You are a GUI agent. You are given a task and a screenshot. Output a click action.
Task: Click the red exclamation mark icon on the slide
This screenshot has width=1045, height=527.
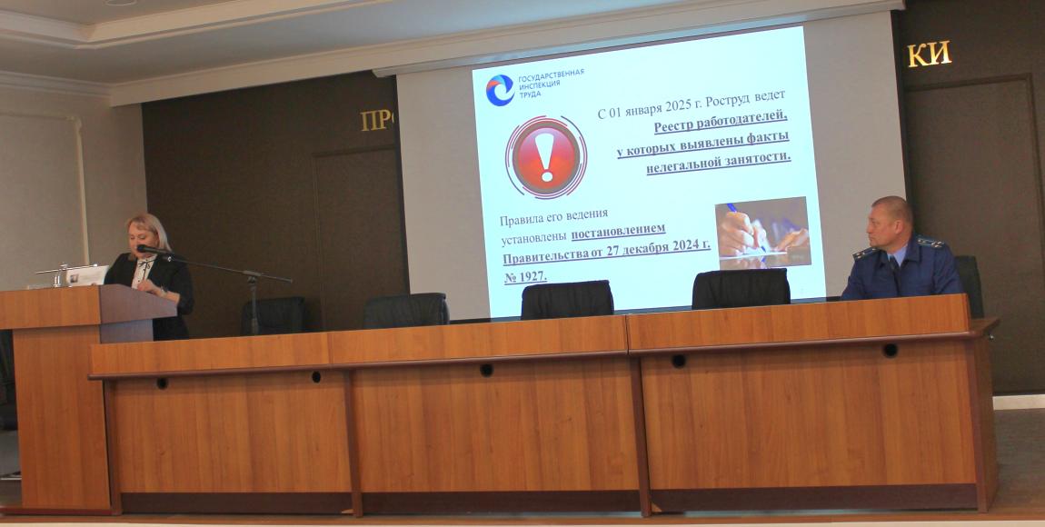(x=546, y=157)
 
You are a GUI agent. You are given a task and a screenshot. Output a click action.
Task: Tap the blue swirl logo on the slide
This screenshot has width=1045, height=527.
(x=500, y=90)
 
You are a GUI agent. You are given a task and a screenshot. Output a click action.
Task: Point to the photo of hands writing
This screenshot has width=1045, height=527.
(x=762, y=233)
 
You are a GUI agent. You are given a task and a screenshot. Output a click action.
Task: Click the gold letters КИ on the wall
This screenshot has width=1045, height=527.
(x=929, y=55)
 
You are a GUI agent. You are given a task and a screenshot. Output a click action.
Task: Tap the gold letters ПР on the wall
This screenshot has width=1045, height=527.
(x=377, y=120)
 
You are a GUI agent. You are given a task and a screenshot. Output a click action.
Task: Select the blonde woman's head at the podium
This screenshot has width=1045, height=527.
(x=147, y=234)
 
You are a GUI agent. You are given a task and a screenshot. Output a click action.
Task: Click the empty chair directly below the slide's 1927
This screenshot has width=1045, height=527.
(x=567, y=299)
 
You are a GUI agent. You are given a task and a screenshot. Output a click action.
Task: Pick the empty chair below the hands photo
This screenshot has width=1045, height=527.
(x=741, y=288)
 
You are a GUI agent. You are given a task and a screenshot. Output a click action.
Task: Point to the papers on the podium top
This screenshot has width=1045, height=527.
(x=86, y=275)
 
